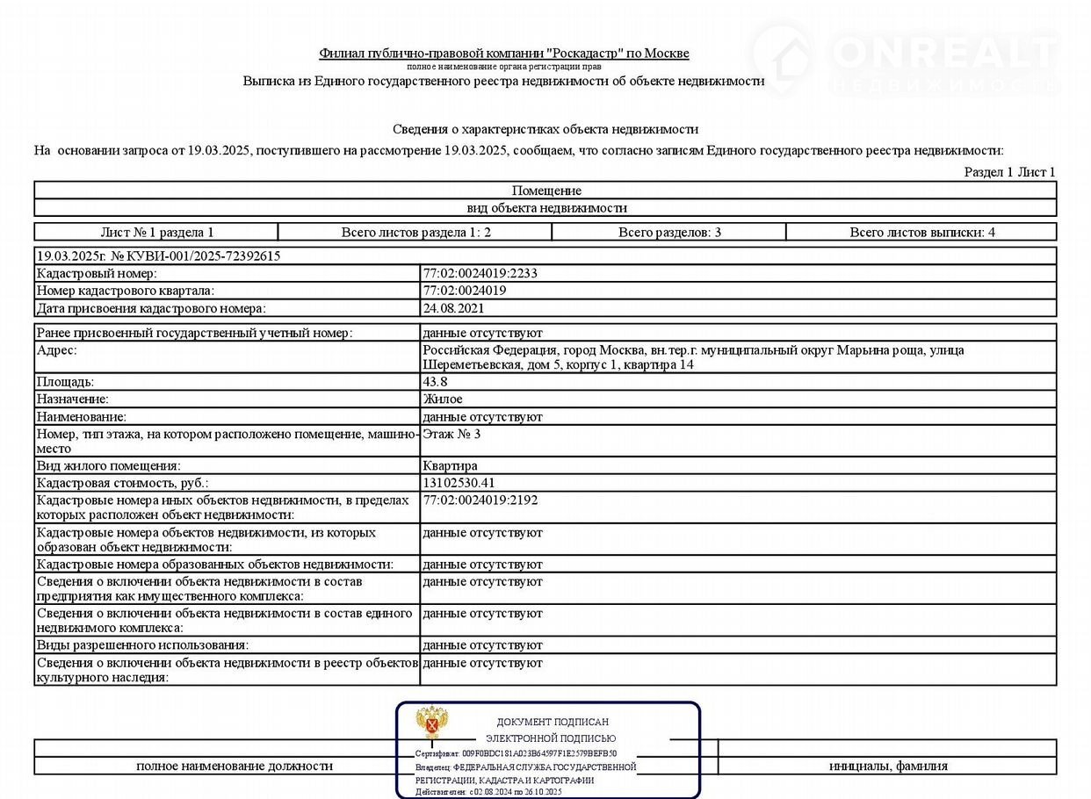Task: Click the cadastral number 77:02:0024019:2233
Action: click(480, 273)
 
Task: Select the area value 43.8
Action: click(436, 382)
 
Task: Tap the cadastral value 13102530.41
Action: click(459, 483)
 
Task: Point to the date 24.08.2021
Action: click(453, 308)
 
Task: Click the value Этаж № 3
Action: click(452, 434)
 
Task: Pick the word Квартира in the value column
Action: click(450, 465)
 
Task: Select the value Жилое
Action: click(442, 399)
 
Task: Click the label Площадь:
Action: click(65, 382)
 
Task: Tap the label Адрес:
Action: click(56, 350)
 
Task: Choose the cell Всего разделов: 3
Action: click(669, 233)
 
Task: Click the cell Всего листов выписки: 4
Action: click(921, 233)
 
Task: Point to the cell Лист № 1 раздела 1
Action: click(157, 233)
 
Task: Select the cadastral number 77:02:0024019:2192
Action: click(480, 500)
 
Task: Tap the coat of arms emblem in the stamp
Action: click(431, 722)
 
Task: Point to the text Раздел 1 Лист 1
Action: click(1009, 172)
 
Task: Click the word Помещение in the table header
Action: click(546, 191)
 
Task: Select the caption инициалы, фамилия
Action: click(888, 767)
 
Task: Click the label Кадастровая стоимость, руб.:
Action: click(122, 483)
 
